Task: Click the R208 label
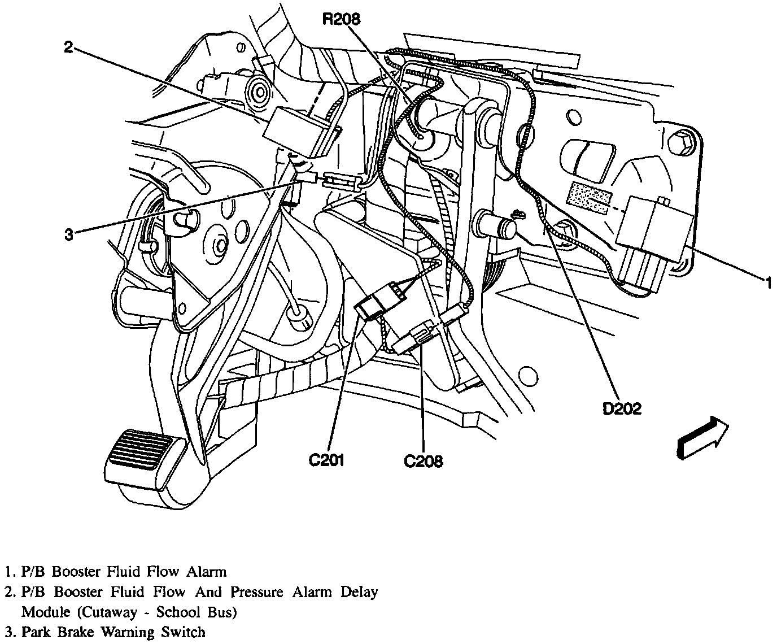[342, 19]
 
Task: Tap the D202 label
[622, 409]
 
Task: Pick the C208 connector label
[424, 462]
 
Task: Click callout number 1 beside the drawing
[768, 282]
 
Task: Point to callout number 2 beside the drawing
[68, 47]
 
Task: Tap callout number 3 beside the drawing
[68, 235]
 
